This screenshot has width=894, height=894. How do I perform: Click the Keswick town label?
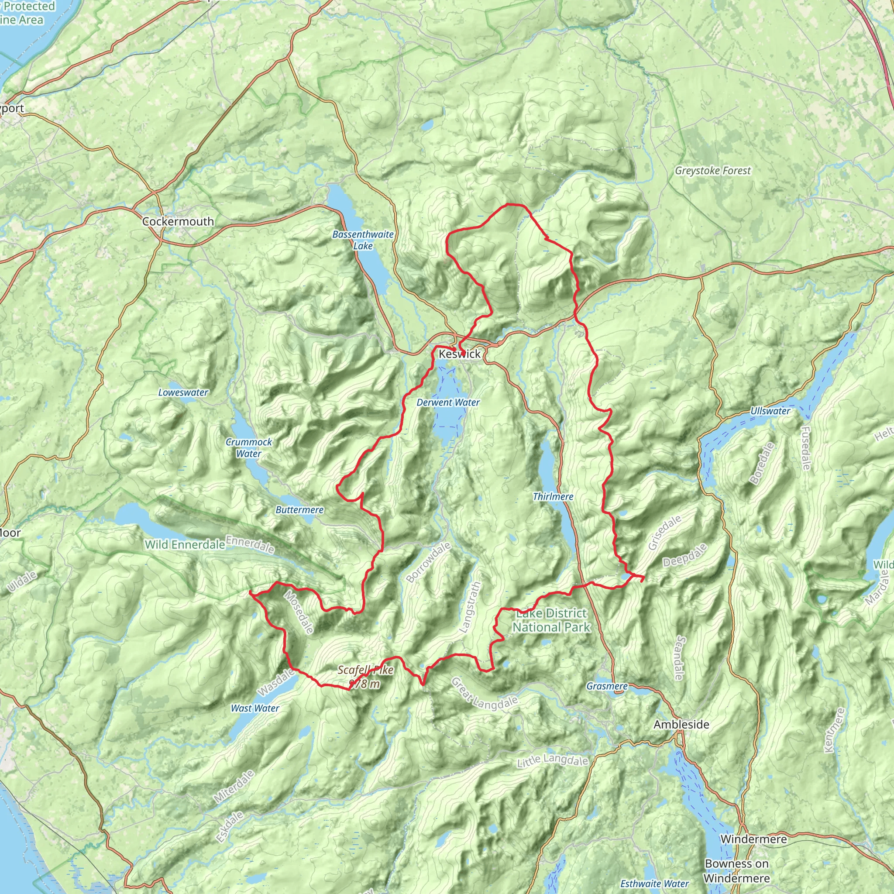(460, 354)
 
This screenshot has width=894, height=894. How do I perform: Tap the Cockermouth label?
(178, 221)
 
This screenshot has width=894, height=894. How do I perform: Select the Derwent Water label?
(448, 402)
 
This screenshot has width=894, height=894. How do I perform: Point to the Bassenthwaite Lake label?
(363, 240)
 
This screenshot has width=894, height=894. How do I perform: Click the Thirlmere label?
(553, 496)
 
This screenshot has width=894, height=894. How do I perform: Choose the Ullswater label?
(770, 411)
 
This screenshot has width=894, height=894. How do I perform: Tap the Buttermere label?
(299, 510)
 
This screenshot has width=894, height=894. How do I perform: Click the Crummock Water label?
(249, 447)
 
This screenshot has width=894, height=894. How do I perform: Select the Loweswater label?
(183, 392)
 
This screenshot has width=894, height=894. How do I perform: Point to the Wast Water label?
(255, 708)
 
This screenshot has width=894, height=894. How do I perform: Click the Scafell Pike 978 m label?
(365, 677)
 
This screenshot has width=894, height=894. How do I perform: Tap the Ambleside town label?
(681, 725)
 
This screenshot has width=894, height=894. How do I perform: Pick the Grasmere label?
(607, 686)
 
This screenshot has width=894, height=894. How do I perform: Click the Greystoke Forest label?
(712, 170)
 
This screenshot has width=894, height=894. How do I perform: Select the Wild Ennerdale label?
(185, 545)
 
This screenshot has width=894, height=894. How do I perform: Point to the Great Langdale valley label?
(484, 692)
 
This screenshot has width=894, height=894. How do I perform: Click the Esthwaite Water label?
(654, 884)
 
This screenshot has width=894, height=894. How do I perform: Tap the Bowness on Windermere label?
(737, 870)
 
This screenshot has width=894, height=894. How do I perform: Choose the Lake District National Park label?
(551, 620)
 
